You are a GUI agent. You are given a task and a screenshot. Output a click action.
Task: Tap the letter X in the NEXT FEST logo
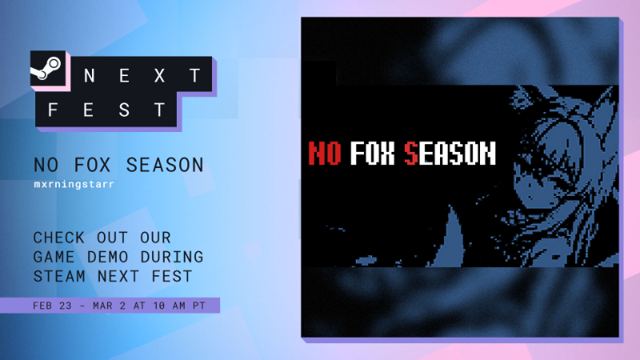(159, 75)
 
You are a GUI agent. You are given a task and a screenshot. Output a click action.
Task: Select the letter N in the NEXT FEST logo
(90, 75)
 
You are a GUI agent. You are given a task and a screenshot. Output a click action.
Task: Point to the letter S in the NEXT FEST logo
(124, 110)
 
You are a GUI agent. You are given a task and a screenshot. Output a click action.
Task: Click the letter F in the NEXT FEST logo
(53, 110)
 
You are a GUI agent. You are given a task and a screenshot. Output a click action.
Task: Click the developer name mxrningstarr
(74, 184)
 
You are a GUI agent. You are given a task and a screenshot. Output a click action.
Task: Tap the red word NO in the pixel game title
(325, 153)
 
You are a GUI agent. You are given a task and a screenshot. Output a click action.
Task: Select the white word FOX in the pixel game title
(373, 153)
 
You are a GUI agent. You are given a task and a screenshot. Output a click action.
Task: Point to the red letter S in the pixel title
(411, 153)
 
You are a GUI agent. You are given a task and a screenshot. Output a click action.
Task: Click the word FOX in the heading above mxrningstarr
(92, 165)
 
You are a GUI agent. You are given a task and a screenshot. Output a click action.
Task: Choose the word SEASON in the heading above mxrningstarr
(165, 165)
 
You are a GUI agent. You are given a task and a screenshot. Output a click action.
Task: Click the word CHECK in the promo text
(58, 238)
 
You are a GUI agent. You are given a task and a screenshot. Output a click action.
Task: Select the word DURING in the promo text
(172, 257)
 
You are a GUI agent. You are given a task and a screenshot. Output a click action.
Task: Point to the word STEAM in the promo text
(59, 276)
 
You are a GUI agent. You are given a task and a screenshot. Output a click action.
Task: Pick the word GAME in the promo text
(54, 257)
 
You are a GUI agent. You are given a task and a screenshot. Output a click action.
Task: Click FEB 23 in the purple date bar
(52, 306)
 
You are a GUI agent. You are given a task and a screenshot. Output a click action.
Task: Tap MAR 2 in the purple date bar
(109, 306)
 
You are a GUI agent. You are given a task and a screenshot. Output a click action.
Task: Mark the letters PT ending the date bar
(199, 306)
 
